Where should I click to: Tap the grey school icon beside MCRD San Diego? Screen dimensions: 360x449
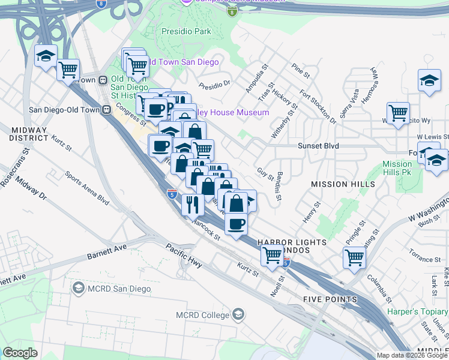point(77,289)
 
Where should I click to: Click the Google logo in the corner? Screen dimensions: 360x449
point(20,353)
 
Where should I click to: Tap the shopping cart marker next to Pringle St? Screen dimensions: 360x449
point(354,257)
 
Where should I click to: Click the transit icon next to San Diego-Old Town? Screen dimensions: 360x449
point(106,110)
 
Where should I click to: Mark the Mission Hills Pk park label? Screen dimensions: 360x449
point(397,168)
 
